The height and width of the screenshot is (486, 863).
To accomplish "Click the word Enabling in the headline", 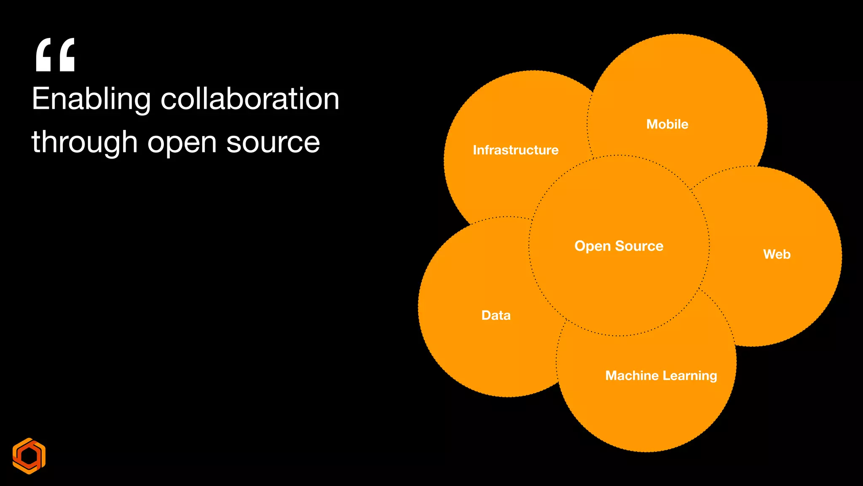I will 91,100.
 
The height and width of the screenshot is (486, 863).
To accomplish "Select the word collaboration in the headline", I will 250,99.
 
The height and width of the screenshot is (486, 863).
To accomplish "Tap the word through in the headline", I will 84,143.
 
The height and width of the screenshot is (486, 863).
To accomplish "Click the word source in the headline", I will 273,143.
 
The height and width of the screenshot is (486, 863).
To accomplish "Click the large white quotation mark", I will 55,55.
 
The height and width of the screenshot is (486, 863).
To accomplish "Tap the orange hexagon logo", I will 29,456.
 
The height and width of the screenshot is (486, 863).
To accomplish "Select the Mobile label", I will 667,124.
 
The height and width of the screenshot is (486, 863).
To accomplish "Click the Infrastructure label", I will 515,150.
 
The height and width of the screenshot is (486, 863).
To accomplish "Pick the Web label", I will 777,254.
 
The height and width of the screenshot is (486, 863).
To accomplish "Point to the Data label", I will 496,315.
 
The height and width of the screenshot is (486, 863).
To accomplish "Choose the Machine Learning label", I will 661,375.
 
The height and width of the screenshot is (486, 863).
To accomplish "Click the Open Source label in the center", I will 619,246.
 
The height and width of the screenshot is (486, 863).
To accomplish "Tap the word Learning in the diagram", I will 690,376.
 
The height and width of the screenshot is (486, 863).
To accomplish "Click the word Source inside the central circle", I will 639,246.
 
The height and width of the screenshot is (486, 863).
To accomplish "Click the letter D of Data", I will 486,315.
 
